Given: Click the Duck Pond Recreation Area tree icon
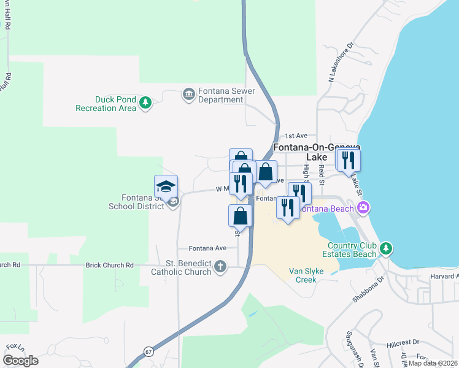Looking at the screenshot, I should pos(145,102).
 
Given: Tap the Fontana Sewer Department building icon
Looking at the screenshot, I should pos(188,94).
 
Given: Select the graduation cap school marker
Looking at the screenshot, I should pos(166,186).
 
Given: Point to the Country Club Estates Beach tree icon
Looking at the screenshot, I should pos(385,248).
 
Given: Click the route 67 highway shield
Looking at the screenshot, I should pos(149,351).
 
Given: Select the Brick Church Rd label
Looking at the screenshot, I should pos(110,265).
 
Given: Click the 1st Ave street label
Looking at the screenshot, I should pos(296,136).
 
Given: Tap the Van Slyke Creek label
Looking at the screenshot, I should pos(303,275).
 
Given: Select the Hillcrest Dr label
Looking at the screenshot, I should pos(403,342).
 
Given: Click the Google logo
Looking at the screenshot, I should pos(20,360).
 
